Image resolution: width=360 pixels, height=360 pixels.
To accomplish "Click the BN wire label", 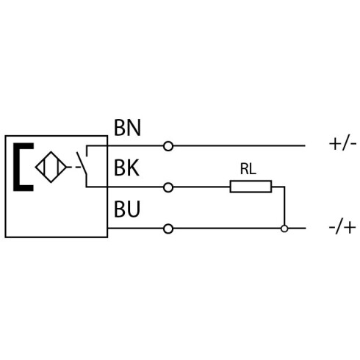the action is pyautogui.click(x=128, y=128).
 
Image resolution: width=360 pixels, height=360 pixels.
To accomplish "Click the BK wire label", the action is pyautogui.click(x=126, y=168).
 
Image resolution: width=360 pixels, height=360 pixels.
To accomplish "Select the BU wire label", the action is pyautogui.click(x=127, y=209).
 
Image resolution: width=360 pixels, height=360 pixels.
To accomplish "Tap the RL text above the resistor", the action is pyautogui.click(x=248, y=169).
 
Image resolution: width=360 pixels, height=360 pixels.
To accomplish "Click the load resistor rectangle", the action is pyautogui.click(x=251, y=187).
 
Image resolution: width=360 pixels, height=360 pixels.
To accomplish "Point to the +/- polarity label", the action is pyautogui.click(x=342, y=144).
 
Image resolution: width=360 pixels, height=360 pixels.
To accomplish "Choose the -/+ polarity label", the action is pyautogui.click(x=342, y=228).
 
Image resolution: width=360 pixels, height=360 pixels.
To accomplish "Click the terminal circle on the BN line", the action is pyautogui.click(x=168, y=146).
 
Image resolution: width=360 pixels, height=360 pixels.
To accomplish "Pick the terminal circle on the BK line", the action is pyautogui.click(x=168, y=187).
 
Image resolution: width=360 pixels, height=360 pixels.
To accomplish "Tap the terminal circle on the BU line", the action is pyautogui.click(x=168, y=228).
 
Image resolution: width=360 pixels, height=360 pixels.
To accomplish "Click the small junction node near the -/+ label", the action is pyautogui.click(x=284, y=228).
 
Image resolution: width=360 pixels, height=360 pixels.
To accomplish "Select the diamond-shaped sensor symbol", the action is pyautogui.click(x=51, y=168).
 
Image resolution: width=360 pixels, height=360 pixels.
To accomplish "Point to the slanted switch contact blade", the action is pyautogui.click(x=82, y=163).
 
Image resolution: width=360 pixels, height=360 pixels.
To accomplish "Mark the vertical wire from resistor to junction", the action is pyautogui.click(x=284, y=206).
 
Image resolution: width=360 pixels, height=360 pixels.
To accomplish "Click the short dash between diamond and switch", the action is pyautogui.click(x=78, y=168).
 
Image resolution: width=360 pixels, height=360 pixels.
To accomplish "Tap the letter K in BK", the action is pyautogui.click(x=134, y=168).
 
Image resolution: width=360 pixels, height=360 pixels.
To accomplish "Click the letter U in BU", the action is pyautogui.click(x=134, y=209).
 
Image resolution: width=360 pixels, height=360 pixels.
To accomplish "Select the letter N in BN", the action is pyautogui.click(x=134, y=128).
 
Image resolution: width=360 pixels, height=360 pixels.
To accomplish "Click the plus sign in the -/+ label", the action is pyautogui.click(x=350, y=228).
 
